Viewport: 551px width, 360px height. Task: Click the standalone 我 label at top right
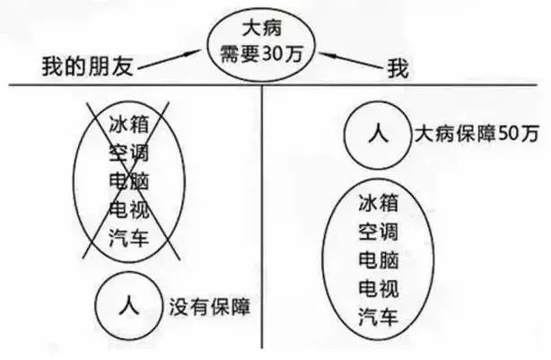(396, 66)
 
